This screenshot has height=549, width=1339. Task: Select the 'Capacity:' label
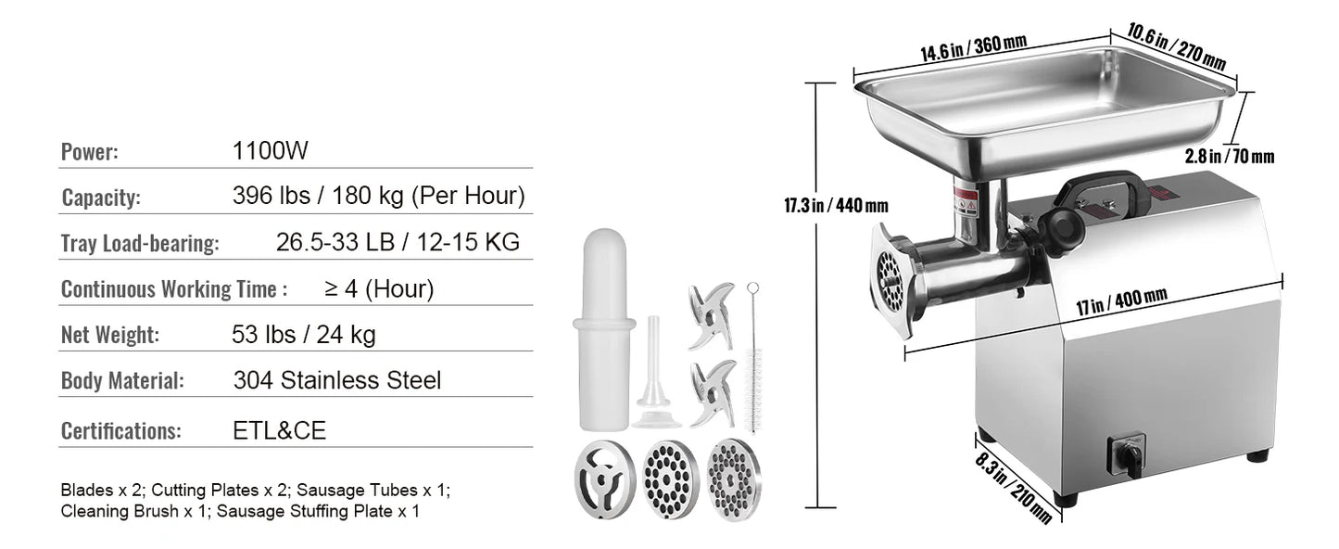tap(101, 198)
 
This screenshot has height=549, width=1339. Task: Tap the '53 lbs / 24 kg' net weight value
tap(303, 334)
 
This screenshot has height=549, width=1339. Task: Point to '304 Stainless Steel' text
tap(337, 380)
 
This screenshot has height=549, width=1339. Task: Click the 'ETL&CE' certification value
tap(279, 430)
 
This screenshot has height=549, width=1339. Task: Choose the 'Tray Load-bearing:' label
tap(140, 244)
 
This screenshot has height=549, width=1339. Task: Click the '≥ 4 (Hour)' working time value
tap(379, 288)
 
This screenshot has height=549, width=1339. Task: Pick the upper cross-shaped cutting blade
tap(709, 305)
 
